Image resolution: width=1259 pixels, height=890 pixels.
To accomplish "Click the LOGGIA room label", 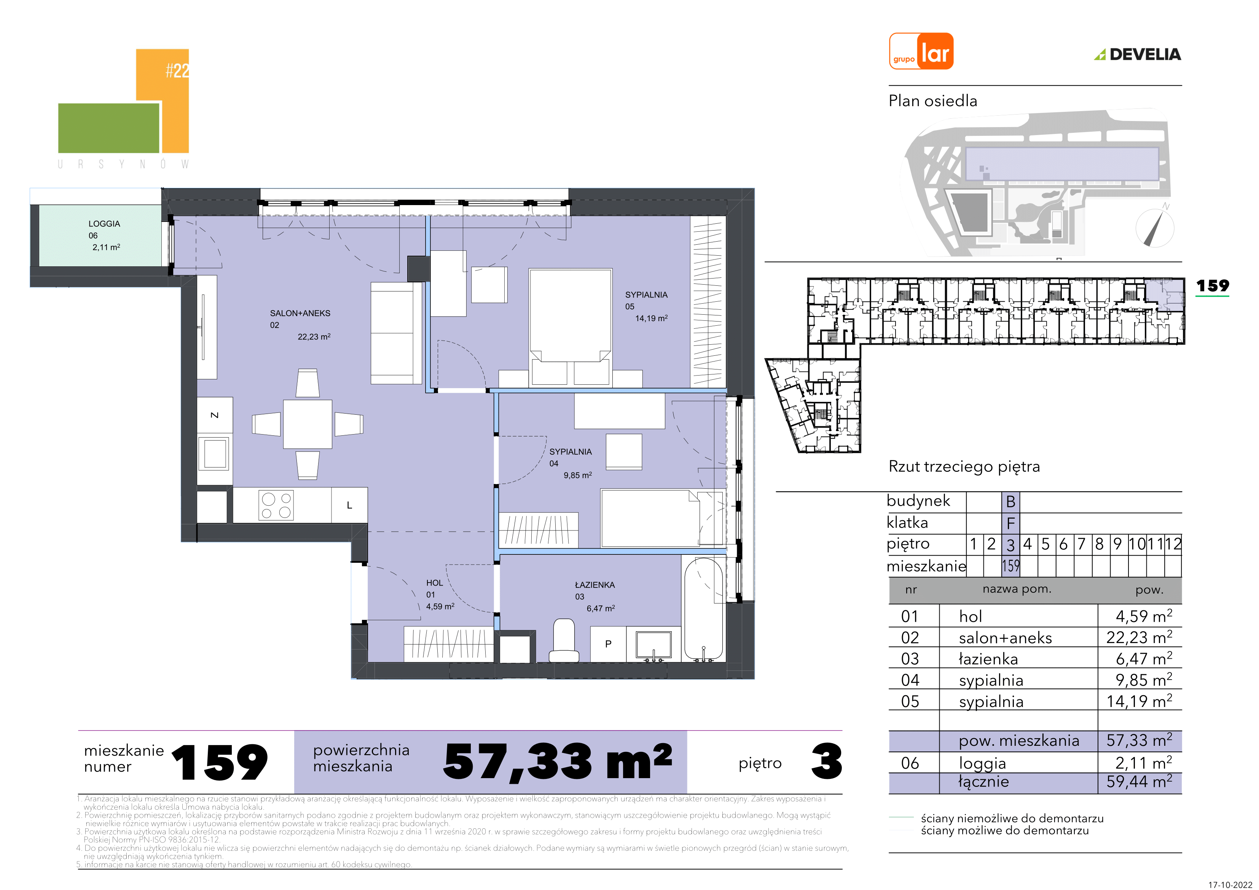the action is click(104, 224).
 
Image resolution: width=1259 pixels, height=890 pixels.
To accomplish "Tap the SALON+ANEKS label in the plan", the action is click(300, 313).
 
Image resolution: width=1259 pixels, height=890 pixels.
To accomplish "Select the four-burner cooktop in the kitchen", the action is click(276, 505).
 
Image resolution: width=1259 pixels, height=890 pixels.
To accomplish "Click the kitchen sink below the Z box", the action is click(215, 454).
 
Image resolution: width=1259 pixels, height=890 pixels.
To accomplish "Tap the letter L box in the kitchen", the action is click(349, 505).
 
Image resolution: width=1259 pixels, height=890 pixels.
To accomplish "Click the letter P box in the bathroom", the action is click(608, 644).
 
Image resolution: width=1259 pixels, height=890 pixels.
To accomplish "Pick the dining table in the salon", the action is click(308, 424).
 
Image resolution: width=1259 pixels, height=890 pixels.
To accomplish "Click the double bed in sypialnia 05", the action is click(570, 327).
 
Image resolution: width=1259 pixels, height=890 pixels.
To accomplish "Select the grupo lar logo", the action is click(921, 51).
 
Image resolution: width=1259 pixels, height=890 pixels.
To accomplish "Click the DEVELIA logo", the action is click(1138, 54).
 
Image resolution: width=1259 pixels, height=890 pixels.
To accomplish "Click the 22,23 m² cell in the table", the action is click(1139, 637).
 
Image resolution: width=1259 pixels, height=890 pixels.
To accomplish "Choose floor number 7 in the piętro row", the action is click(1081, 544).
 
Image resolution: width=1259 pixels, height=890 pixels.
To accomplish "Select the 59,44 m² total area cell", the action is click(1139, 782).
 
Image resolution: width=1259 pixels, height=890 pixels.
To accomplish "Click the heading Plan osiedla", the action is click(933, 101).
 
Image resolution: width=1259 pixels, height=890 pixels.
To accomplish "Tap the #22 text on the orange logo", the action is click(178, 70).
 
